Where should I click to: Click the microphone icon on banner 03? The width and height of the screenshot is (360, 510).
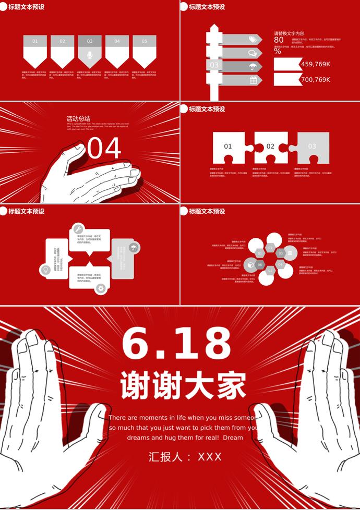tap(90, 55)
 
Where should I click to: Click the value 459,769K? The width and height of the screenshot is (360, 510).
tap(316, 64)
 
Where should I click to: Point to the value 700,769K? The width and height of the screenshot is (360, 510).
tap(316, 80)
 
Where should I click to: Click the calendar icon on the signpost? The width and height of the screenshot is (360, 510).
tap(253, 80)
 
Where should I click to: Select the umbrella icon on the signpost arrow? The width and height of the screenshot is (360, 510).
tap(253, 66)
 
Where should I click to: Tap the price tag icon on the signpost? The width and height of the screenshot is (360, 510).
tap(253, 40)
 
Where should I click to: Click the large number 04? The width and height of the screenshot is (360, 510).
tap(104, 149)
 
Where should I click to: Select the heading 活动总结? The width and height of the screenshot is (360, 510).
tap(78, 118)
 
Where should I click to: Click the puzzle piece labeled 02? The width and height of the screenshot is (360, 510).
tap(270, 147)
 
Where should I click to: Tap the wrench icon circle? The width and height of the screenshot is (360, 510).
tap(78, 229)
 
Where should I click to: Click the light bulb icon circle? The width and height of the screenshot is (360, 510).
tap(45, 270)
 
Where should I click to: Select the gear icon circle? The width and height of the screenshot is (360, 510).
tap(101, 288)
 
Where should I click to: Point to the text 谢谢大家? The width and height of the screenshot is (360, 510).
tap(183, 386)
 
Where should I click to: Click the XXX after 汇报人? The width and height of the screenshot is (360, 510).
tap(210, 457)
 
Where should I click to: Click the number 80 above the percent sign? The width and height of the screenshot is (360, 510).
tap(279, 40)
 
